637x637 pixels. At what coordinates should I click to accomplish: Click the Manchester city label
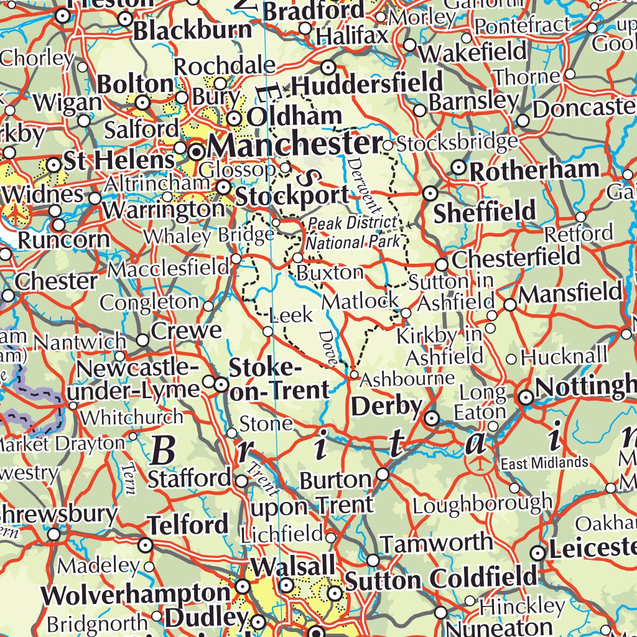click(294, 146)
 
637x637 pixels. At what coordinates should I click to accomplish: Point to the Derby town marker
click(431, 419)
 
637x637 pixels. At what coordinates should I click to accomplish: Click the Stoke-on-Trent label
click(279, 379)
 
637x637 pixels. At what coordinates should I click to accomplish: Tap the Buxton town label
click(330, 272)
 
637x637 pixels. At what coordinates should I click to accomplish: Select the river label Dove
click(328, 348)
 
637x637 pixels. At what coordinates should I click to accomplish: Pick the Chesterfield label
click(516, 257)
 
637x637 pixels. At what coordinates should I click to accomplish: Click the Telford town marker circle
click(146, 546)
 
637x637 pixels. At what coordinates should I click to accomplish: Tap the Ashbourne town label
click(407, 378)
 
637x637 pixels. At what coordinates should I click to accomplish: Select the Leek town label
click(292, 315)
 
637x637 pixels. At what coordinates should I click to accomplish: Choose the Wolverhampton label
click(136, 595)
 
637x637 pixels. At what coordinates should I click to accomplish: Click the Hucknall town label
click(564, 356)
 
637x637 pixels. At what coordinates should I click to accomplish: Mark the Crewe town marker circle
click(143, 340)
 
